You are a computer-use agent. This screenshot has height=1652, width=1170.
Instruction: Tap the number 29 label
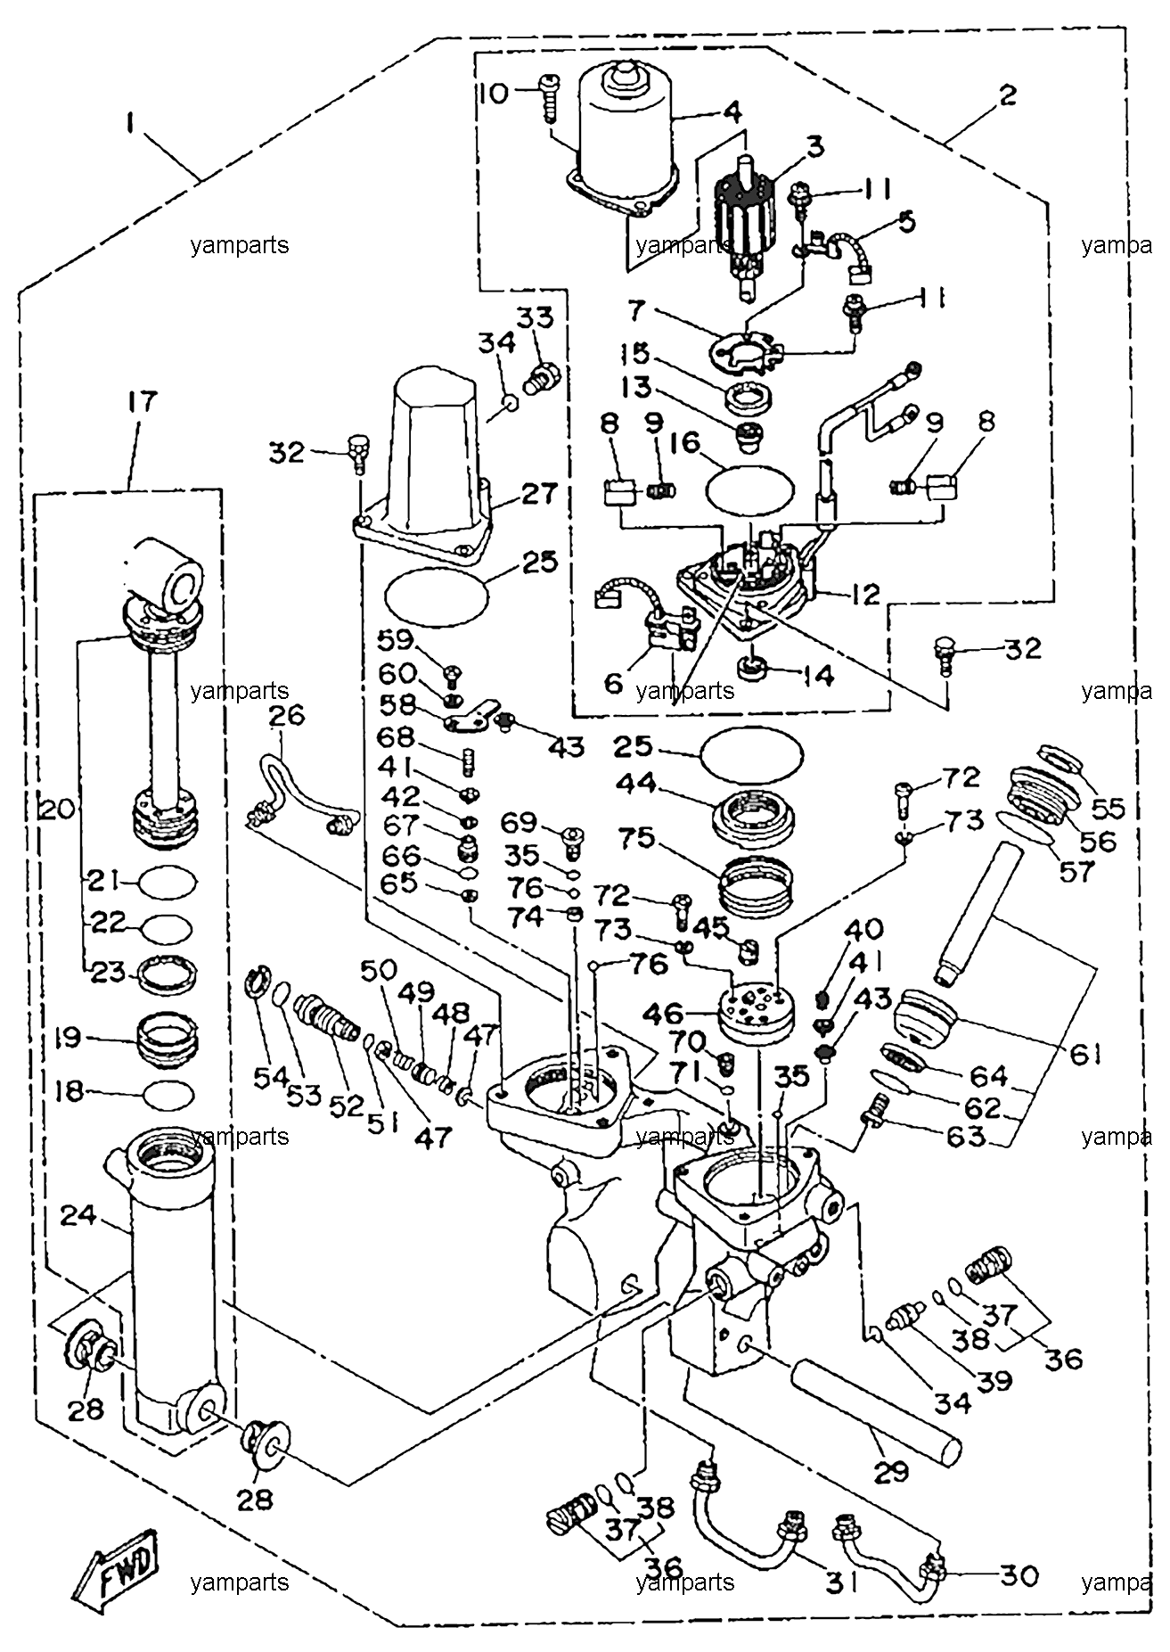(x=890, y=1472)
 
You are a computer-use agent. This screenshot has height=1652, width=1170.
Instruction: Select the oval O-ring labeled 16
(x=749, y=487)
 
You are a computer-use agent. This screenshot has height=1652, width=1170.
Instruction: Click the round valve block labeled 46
(x=757, y=1013)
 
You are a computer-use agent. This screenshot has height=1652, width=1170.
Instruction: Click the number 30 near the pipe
(x=1018, y=1576)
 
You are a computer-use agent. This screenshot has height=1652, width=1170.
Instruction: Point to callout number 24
(x=78, y=1214)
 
